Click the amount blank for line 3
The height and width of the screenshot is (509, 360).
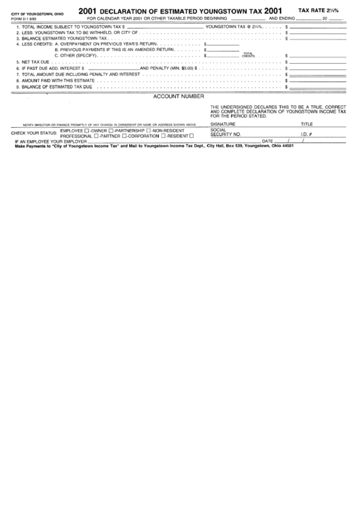coord(319,39)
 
